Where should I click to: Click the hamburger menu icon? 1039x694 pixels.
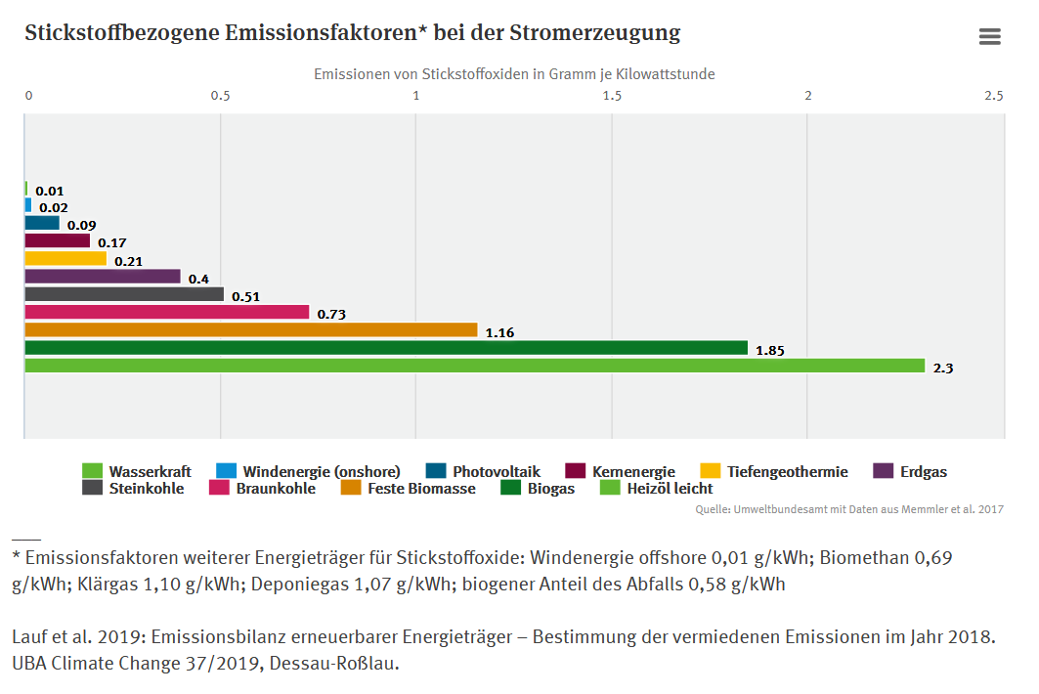click(989, 37)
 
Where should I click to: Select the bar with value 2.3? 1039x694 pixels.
click(474, 366)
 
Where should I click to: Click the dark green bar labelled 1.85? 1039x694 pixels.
click(386, 348)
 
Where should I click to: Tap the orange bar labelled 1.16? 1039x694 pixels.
click(251, 330)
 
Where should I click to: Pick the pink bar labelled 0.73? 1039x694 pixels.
click(166, 313)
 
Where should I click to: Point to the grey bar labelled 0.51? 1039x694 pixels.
click(124, 294)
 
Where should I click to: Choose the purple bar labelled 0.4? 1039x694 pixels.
click(103, 277)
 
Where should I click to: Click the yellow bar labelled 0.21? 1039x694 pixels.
click(65, 259)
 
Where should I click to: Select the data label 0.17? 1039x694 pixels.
click(112, 242)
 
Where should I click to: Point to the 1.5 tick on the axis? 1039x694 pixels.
click(612, 96)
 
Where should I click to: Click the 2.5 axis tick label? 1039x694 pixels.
click(993, 96)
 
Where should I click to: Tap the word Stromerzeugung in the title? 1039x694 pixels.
click(594, 32)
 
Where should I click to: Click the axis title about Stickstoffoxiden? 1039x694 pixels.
click(514, 74)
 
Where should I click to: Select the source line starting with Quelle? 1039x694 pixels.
click(848, 509)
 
